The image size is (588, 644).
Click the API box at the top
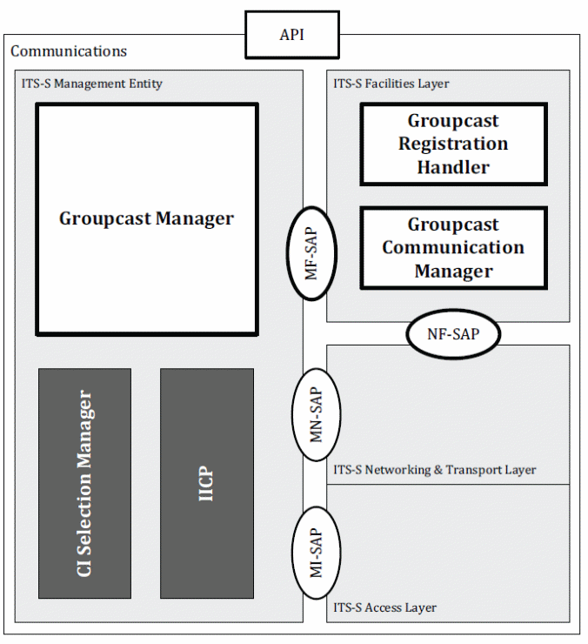pos(292,35)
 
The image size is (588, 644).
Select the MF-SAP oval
pos(311,253)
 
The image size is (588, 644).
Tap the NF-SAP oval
pos(453,334)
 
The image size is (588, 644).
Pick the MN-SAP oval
pos(316,414)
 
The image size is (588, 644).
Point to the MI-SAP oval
pos(316,553)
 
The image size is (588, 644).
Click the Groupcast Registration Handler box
pos(454,144)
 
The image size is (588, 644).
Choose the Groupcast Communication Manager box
pos(454,248)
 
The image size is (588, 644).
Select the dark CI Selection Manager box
pos(84,483)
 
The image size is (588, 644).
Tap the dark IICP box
pos(207,483)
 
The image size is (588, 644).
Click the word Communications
pos(69,51)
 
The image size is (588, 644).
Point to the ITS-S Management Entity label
pos(91,84)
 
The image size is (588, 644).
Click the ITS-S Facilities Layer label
pos(391,84)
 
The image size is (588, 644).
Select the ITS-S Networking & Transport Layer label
pos(434,469)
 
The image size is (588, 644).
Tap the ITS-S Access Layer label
pos(384,607)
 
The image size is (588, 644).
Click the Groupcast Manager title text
pos(147,218)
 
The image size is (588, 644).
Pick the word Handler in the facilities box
pos(453,168)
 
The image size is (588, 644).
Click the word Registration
pos(453,144)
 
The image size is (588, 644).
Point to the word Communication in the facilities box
pos(453,247)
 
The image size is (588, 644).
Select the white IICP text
pos(206,483)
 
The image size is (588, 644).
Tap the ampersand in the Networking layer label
pos(438,469)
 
